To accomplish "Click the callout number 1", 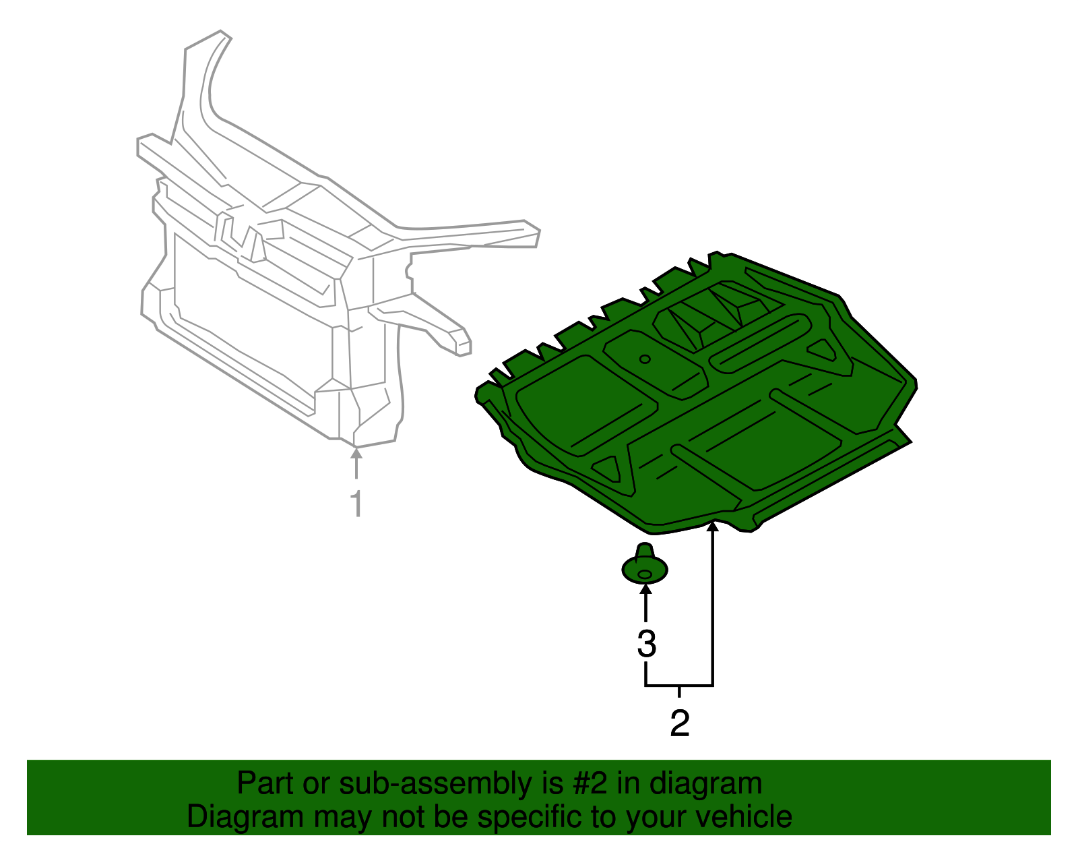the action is tap(357, 503).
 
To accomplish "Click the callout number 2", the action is tap(679, 723).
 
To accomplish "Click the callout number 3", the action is tap(646, 644).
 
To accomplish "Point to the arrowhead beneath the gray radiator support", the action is tap(356, 452).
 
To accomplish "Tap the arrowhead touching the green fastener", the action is tap(645, 589).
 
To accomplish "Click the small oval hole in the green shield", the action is tap(644, 359).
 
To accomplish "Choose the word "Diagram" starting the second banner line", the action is tap(245, 818).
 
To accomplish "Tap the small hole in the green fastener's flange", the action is tap(644, 574).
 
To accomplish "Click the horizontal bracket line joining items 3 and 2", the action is tap(679, 686).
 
